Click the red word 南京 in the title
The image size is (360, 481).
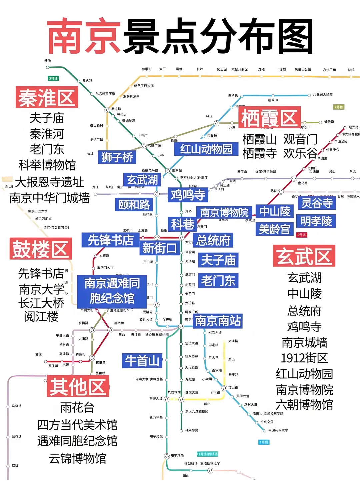click(84, 36)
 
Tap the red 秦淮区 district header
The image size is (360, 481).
click(47, 97)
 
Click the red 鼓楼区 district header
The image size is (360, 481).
click(41, 249)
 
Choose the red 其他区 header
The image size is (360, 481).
click(78, 386)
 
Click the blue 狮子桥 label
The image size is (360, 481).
click(117, 157)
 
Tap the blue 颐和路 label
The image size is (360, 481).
click(134, 204)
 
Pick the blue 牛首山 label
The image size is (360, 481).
click(142, 360)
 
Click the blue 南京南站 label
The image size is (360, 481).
click(218, 321)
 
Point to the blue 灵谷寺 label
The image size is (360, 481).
click(316, 203)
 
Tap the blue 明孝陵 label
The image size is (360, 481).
click(316, 221)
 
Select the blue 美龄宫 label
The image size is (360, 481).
click(275, 229)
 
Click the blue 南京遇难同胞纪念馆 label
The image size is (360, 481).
click(112, 291)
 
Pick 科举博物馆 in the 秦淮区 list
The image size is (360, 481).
click(47, 165)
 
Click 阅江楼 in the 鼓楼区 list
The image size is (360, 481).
click(41, 316)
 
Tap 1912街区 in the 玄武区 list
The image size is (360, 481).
click(304, 358)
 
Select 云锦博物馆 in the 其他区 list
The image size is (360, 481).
click(77, 458)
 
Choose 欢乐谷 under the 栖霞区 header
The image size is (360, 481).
click(300, 153)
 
